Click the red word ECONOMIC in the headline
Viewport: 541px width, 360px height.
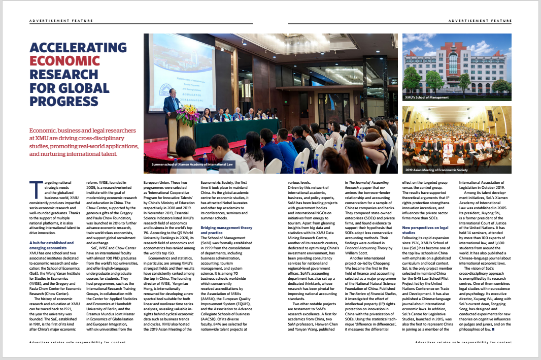coord(64,61)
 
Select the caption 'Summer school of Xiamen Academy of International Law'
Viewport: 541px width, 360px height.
coord(192,165)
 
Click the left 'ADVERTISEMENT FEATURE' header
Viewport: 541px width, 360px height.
coord(61,21)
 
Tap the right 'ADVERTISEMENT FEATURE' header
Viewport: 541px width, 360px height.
coord(480,21)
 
